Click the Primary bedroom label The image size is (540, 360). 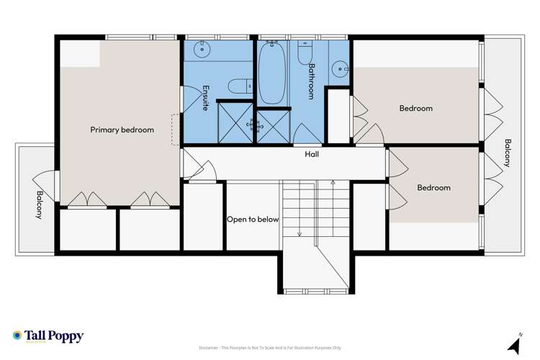(122, 130)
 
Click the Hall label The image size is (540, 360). (311, 154)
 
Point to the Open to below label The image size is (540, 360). (253, 220)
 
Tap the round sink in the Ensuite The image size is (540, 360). (203, 50)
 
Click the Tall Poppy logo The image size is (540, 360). (48, 336)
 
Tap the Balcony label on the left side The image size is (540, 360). (39, 206)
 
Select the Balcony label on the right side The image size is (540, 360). (507, 153)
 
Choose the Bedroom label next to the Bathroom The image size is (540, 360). (415, 109)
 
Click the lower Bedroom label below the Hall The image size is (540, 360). (433, 188)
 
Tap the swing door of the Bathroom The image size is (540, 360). (308, 135)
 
